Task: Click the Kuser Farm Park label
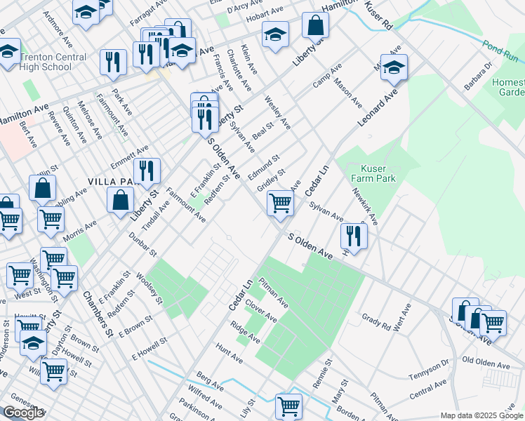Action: (x=378, y=173)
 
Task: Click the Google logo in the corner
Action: (x=22, y=413)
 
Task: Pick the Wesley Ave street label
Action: (x=277, y=112)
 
